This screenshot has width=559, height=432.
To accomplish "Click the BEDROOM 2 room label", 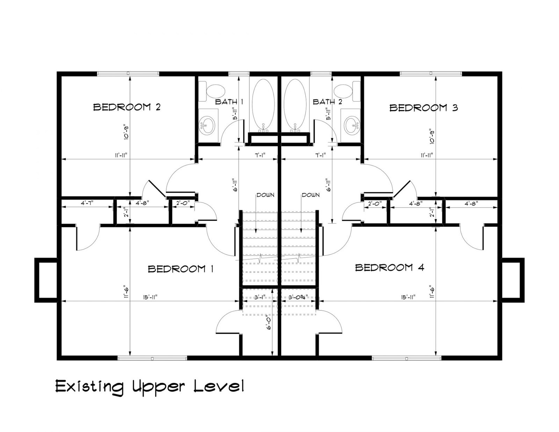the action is click(127, 107).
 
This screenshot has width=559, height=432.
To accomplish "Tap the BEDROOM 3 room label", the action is click(424, 108).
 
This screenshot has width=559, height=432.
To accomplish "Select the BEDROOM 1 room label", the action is click(181, 269).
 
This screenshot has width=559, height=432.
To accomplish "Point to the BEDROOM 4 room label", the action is click(390, 268).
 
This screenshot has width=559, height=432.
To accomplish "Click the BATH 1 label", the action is click(229, 102).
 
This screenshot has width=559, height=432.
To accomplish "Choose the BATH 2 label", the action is click(327, 102).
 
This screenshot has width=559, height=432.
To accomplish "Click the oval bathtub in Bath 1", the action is click(263, 105).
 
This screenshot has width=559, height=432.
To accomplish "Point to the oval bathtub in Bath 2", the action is click(295, 105).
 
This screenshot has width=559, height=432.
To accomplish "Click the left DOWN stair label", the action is click(266, 195).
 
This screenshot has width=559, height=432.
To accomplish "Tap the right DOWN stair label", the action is click(311, 195).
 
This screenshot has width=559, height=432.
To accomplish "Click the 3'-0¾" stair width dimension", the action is click(298, 298).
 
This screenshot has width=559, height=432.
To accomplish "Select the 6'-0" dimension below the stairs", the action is click(269, 323).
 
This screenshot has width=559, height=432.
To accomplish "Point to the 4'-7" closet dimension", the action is click(87, 203).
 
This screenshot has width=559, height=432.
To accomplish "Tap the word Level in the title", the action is click(218, 386).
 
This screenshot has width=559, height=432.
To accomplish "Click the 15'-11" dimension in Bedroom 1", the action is click(150, 297).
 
